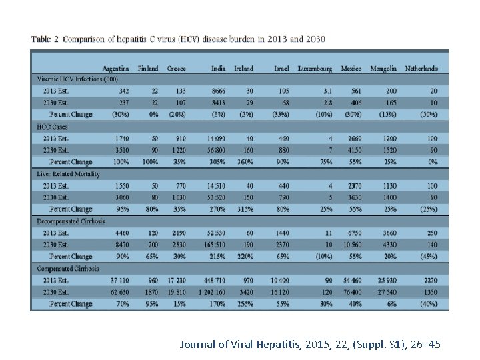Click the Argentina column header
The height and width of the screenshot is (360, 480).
pyautogui.click(x=115, y=68)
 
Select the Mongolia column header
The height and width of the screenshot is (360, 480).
pyautogui.click(x=383, y=68)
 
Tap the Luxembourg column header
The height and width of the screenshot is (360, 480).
pyautogui.click(x=315, y=68)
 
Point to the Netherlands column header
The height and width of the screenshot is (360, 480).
pyautogui.click(x=421, y=68)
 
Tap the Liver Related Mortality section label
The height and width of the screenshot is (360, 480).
pyautogui.click(x=68, y=174)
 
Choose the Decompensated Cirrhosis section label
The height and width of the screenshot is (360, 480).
pyautogui.click(x=71, y=221)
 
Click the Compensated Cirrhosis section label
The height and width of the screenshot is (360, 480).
pyautogui.click(x=67, y=269)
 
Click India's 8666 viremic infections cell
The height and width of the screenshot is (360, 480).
pyautogui.click(x=217, y=91)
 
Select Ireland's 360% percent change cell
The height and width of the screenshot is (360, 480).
pyautogui.click(x=245, y=162)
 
